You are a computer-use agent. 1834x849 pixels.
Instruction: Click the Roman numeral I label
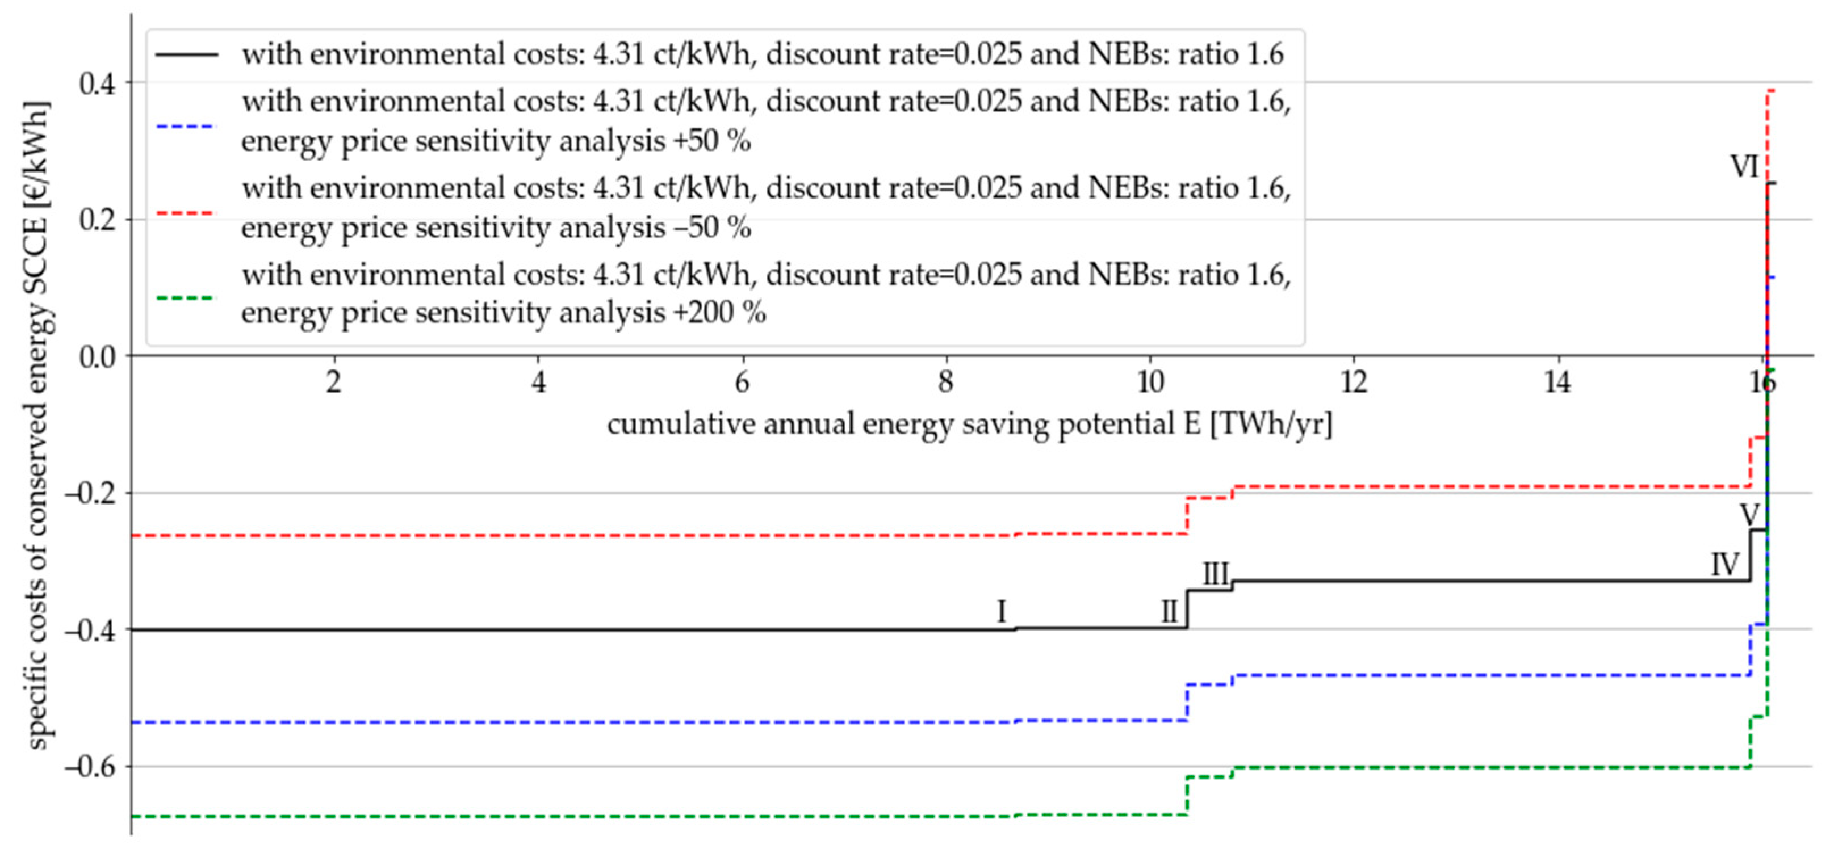point(1001,611)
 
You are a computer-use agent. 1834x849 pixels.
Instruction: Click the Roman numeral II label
point(1169,611)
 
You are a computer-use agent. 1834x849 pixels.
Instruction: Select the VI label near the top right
point(1744,168)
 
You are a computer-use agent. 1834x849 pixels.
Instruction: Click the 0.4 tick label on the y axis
point(98,84)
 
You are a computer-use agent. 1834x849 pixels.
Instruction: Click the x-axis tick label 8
point(945,383)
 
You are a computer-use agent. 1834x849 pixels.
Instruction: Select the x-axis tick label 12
point(1354,383)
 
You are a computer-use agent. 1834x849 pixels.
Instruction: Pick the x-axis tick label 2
point(334,383)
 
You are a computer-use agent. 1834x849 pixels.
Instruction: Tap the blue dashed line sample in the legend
point(185,127)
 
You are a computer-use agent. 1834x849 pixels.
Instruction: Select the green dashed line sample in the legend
point(185,297)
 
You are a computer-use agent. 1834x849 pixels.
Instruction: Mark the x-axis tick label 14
point(1557,383)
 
